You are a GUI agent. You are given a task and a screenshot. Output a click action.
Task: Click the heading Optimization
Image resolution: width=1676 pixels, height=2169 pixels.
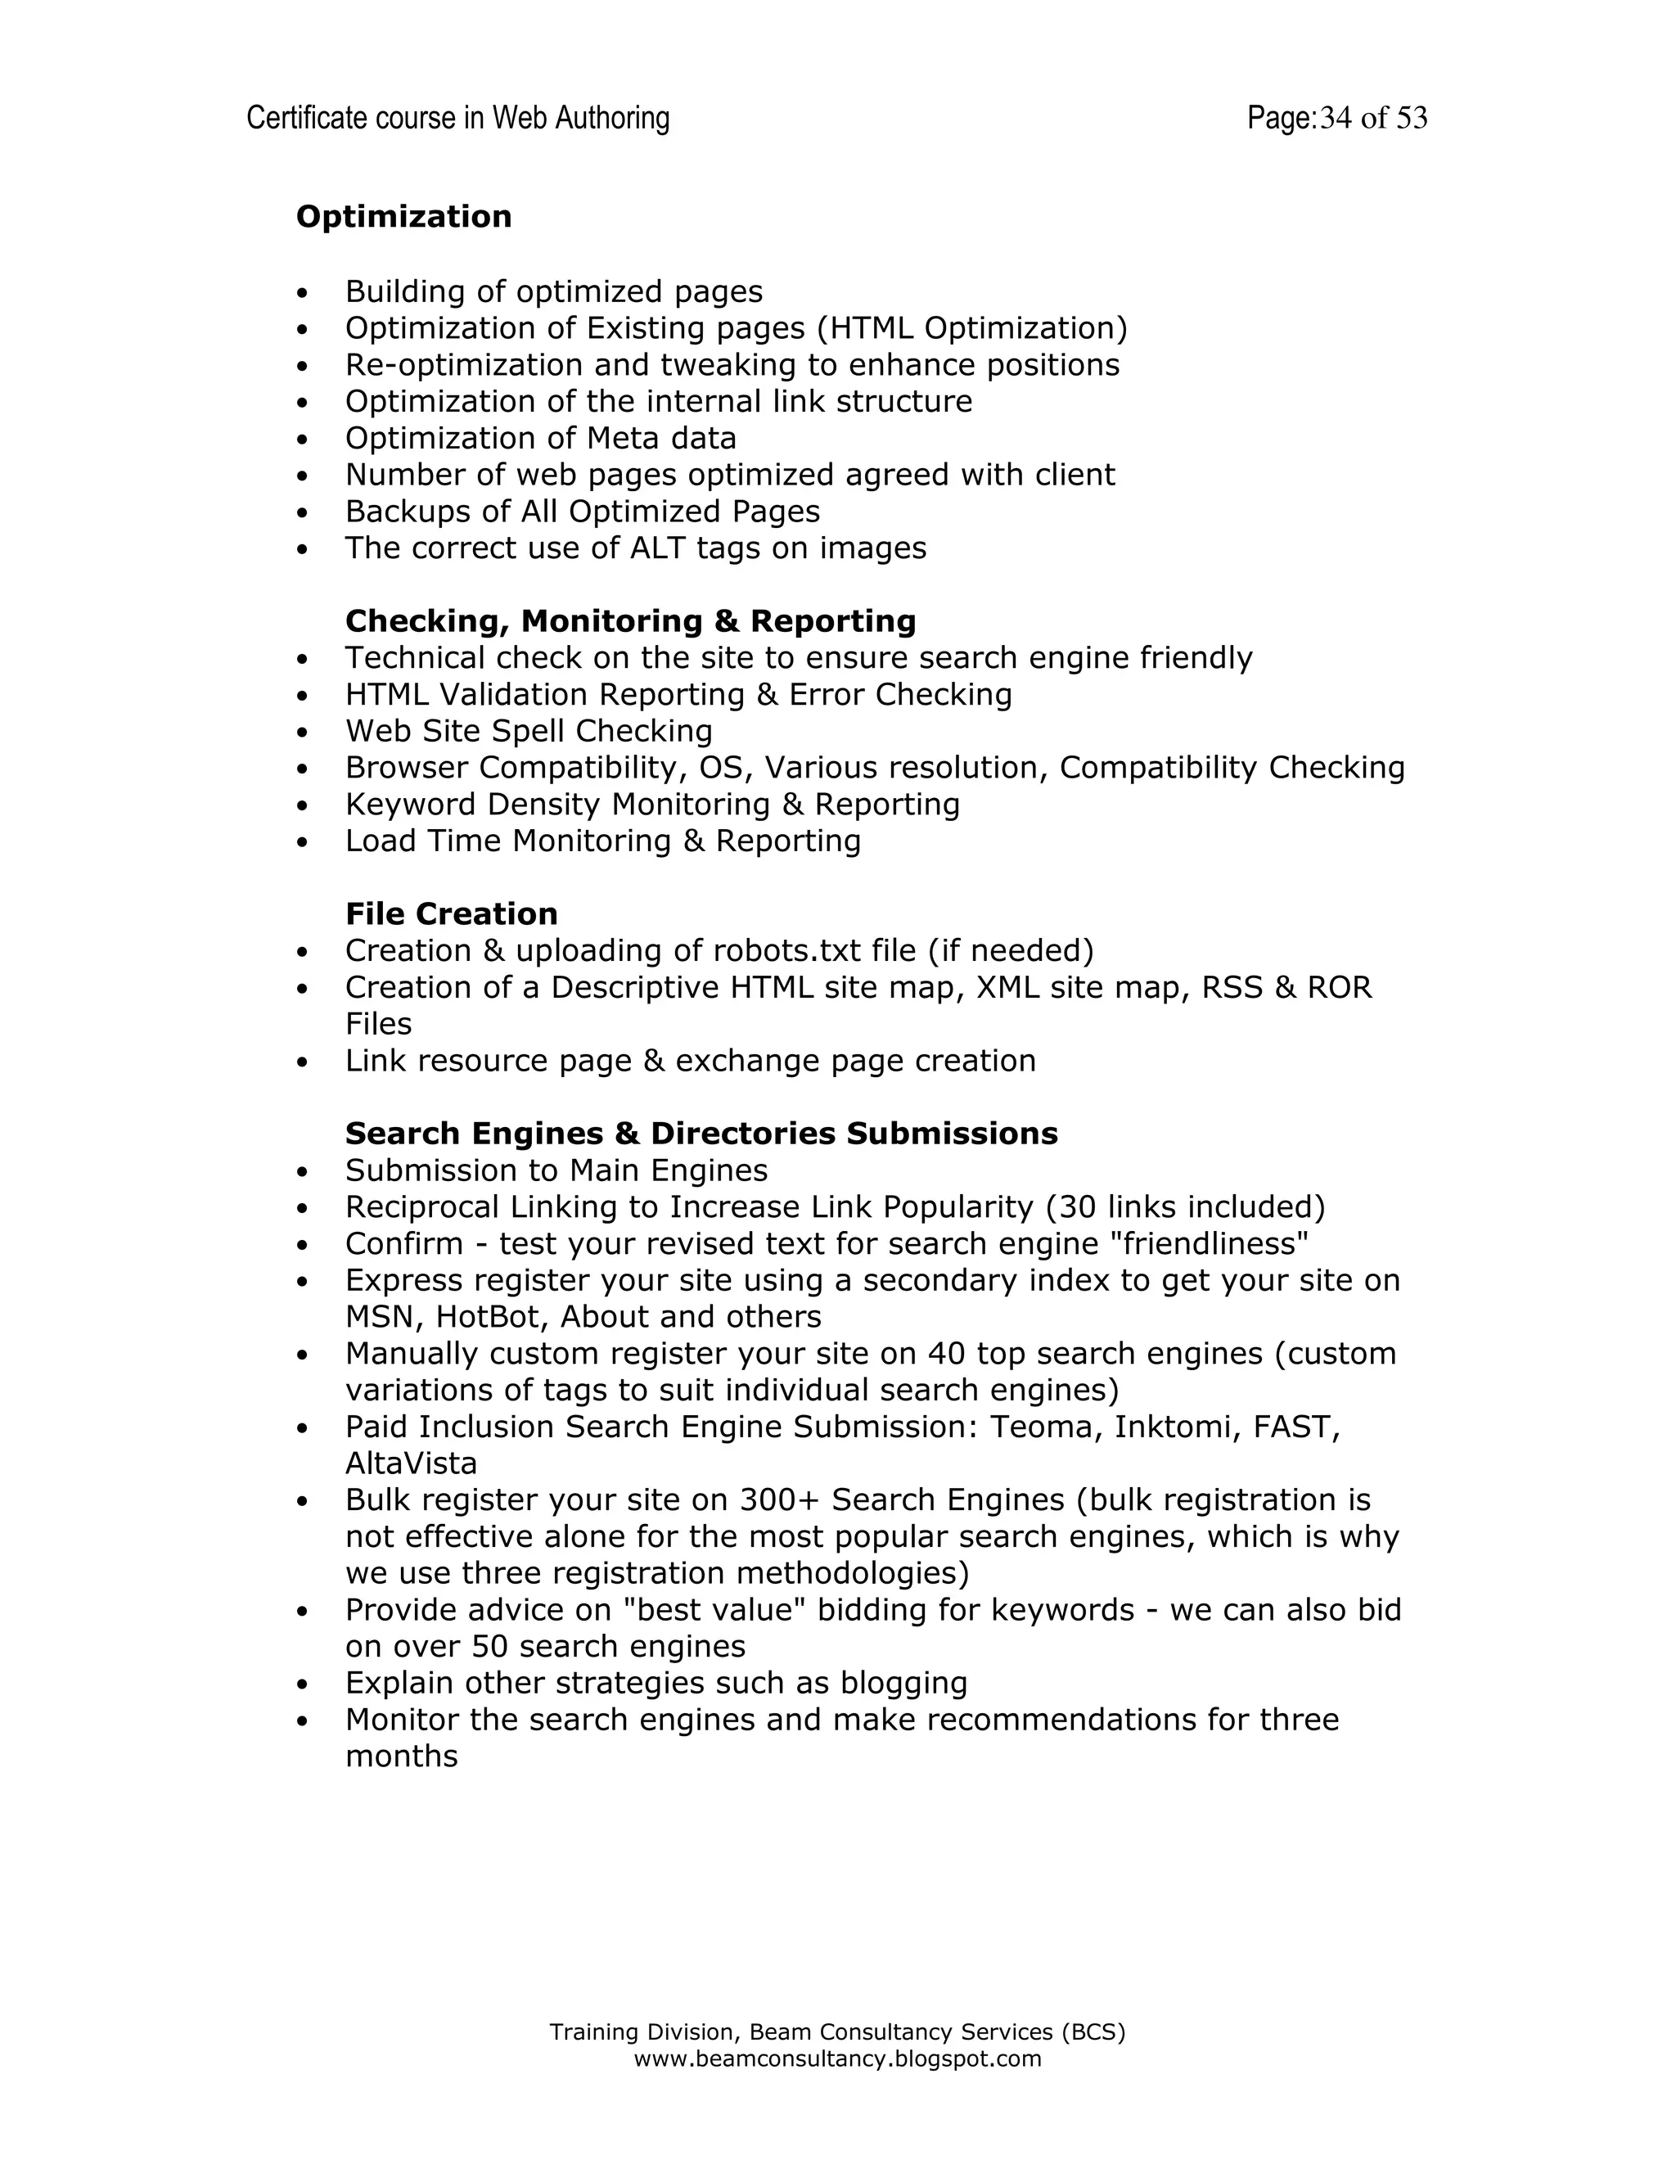point(403,217)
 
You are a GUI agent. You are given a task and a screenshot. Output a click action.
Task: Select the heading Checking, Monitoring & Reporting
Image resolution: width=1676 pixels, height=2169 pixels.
point(629,620)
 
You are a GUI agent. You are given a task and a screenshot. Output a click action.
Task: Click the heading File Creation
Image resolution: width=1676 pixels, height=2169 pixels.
point(451,913)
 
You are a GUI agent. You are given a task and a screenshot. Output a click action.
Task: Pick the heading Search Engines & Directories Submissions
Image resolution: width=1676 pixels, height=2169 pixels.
point(701,1133)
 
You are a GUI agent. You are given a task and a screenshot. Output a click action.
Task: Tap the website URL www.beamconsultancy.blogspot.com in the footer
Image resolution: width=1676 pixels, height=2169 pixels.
point(837,2059)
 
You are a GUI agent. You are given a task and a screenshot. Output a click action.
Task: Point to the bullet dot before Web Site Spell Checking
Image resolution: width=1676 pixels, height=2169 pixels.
point(303,733)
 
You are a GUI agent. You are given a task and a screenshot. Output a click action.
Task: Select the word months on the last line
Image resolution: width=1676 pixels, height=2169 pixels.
point(401,1756)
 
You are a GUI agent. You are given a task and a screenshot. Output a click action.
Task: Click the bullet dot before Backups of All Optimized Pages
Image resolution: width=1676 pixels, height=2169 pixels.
point(303,513)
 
